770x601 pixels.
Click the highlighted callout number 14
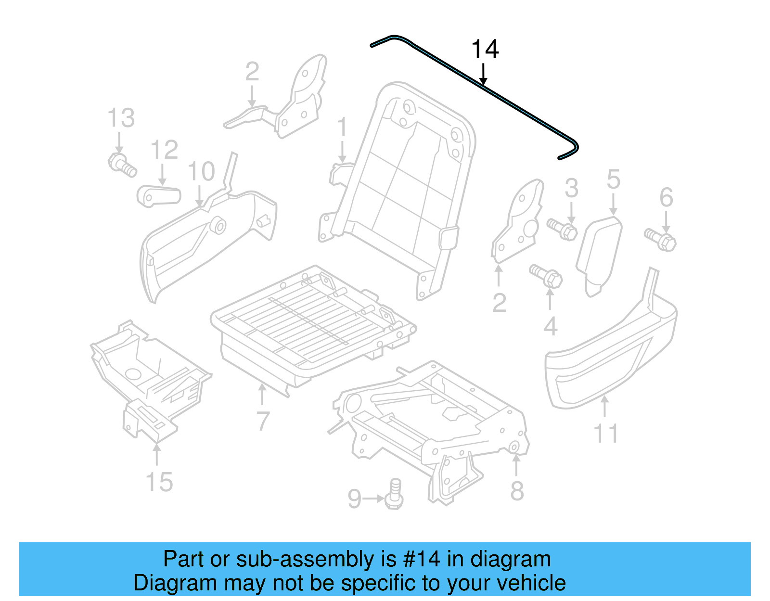click(485, 50)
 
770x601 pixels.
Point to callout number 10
click(201, 171)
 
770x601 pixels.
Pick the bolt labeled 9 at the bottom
click(394, 494)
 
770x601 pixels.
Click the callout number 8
click(517, 491)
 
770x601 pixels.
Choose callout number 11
click(605, 434)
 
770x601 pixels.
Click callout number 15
click(159, 482)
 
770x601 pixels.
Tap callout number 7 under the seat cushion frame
click(263, 421)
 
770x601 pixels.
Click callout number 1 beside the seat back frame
click(342, 127)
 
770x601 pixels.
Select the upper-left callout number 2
click(252, 72)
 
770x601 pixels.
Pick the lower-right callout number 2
click(499, 303)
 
